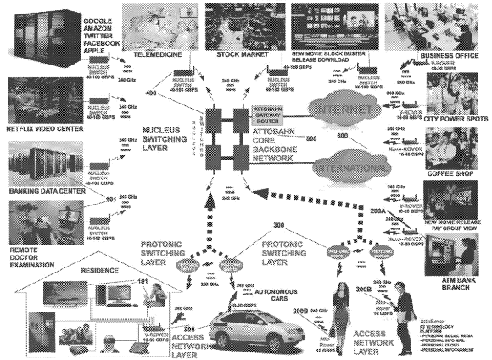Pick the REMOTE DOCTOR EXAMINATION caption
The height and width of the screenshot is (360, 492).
pyautogui.click(x=26, y=253)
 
